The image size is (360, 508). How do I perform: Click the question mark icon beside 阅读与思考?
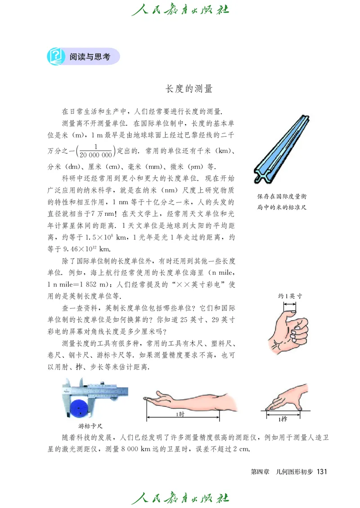[x=55, y=57]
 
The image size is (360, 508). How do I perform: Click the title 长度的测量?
[x=189, y=89]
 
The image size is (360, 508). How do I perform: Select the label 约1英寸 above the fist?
[x=290, y=295]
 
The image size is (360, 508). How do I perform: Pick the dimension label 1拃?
[x=283, y=419]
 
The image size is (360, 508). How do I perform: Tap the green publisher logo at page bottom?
[x=180, y=498]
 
